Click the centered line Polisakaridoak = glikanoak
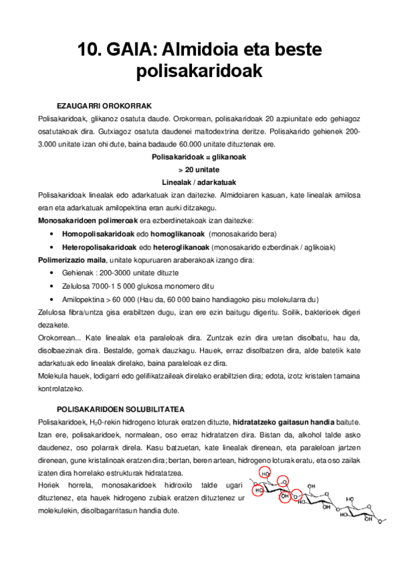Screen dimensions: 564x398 [199, 156]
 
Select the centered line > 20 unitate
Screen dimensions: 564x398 [199, 170]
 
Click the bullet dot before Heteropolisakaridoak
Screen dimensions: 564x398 [52, 247]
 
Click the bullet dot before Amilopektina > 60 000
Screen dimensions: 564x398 [52, 299]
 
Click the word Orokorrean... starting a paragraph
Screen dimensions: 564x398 [60, 337]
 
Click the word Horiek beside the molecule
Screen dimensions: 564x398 [50, 486]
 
